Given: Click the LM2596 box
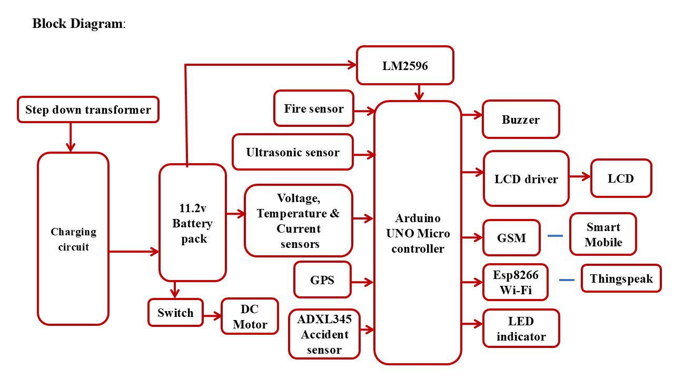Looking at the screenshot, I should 405,66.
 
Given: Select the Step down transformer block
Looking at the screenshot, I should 88,110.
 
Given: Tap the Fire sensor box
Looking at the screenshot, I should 314,108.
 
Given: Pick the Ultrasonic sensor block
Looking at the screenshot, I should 293,153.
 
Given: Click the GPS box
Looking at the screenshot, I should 322,280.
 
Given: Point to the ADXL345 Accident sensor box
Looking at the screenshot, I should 324,334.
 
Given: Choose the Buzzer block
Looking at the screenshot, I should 521,119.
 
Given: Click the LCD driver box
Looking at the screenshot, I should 526,179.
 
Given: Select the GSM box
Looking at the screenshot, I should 511,238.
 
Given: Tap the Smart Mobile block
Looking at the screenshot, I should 603,235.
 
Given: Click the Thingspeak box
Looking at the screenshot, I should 621,278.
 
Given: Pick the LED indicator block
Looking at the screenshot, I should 521,329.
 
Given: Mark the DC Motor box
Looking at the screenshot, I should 250,317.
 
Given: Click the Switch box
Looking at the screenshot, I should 175,313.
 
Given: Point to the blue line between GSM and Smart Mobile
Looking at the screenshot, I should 556,236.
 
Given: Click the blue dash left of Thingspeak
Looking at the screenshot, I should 567,280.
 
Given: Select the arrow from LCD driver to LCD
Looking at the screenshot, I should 580,177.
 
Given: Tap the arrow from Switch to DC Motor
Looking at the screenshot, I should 212,316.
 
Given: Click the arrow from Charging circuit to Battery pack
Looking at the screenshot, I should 134,252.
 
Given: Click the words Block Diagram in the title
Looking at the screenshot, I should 77,24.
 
